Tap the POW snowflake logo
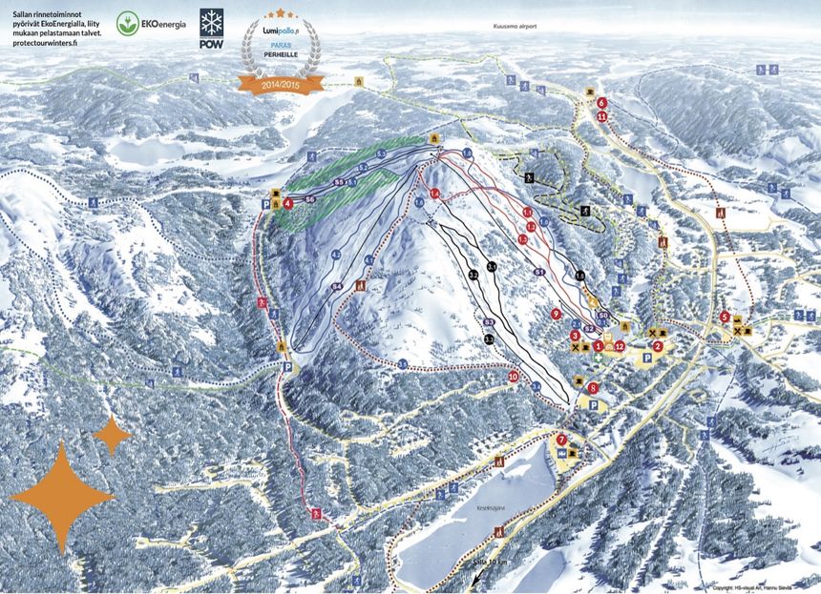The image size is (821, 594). pos(212,30)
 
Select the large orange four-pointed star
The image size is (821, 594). pos(62,497)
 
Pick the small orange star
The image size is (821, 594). pos(112,435)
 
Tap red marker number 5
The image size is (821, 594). pos(725,317)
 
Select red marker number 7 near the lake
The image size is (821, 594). pos(561,440)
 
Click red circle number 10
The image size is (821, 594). pos(514,378)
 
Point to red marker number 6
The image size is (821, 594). pos(601,103)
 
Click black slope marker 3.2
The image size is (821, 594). pos(473,275)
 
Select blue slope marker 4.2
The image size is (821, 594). pos(336,255)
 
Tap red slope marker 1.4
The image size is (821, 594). pos(434,195)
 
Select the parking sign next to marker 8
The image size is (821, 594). pos(593,404)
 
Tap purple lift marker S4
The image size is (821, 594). pos(336,286)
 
